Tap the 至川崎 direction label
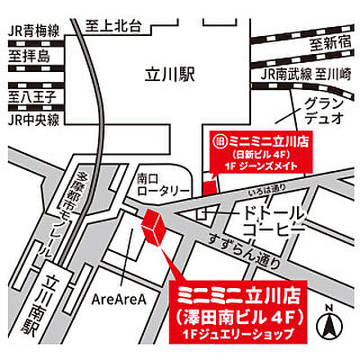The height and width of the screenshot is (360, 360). pyautogui.click(x=331, y=76)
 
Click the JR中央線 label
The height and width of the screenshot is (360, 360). pyautogui.click(x=34, y=118)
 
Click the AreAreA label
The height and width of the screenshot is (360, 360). pyautogui.click(x=119, y=300)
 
